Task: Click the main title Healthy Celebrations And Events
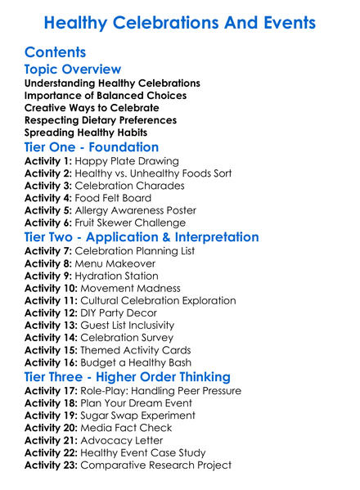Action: click(180, 23)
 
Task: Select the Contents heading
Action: click(56, 52)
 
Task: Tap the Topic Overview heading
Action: click(73, 70)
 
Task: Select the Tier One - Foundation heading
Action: click(92, 147)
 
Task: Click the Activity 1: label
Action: click(49, 161)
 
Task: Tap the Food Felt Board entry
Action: click(114, 198)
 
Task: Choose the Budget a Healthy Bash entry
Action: click(145, 362)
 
